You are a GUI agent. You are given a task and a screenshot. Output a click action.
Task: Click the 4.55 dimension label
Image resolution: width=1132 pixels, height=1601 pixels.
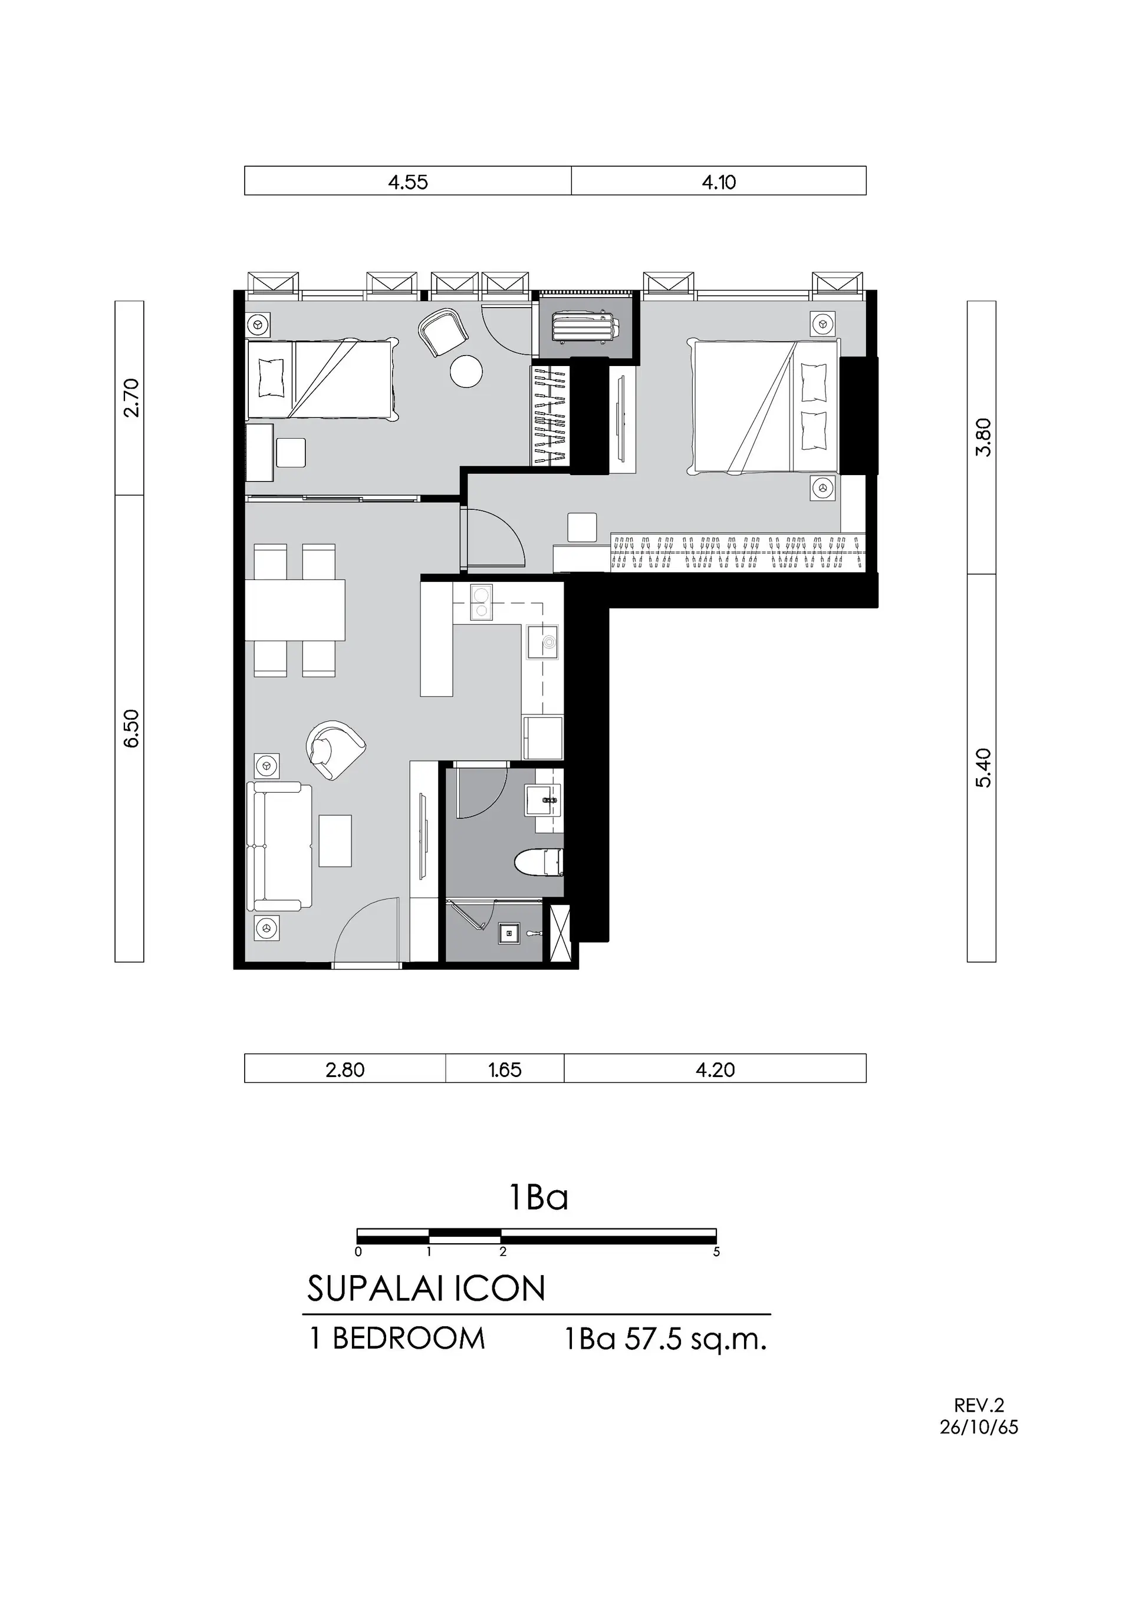coord(408,182)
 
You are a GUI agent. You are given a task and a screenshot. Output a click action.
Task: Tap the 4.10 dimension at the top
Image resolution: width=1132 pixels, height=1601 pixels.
coord(719,182)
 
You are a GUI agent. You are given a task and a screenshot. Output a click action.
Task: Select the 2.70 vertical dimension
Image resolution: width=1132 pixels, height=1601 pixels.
coord(131,397)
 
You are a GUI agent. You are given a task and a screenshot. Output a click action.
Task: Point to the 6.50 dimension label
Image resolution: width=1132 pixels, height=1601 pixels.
coord(131,729)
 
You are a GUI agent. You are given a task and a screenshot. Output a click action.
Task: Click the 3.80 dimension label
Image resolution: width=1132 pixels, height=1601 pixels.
coord(983,437)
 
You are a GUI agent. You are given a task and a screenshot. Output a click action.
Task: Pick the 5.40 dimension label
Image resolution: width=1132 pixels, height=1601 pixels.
coord(983,767)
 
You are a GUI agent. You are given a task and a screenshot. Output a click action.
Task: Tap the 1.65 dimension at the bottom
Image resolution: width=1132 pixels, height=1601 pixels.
coord(505,1070)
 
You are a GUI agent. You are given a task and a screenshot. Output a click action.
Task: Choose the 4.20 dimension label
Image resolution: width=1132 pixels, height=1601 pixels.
coord(716,1070)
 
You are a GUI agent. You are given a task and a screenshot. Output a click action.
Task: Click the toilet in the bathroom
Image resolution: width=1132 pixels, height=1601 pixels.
coord(538,863)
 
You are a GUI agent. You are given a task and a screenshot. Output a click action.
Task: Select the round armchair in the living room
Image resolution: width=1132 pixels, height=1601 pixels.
coord(335,749)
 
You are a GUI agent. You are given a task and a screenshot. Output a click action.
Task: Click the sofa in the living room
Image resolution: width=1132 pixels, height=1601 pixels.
coord(279,846)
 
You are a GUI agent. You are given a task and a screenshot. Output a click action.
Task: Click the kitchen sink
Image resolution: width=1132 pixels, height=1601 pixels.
coord(544,641)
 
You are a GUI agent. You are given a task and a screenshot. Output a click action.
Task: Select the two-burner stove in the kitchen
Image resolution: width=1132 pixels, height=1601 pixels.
coord(481,602)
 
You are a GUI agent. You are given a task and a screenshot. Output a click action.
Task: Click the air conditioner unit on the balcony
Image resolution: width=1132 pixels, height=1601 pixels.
coord(582,327)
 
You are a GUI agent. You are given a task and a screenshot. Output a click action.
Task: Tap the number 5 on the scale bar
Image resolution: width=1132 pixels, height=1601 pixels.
coord(716,1251)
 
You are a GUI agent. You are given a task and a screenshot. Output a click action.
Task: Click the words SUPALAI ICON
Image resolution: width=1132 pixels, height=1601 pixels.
coord(426,1289)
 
